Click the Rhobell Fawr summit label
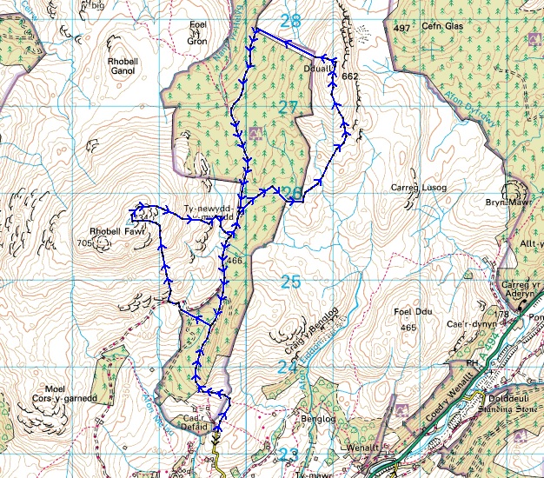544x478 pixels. (x=110, y=232)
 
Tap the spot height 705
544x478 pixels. (x=83, y=243)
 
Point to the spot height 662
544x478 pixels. (x=350, y=77)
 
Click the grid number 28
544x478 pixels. (x=291, y=20)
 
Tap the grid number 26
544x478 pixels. (x=292, y=193)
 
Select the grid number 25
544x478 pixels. (x=290, y=281)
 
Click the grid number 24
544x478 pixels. (x=288, y=368)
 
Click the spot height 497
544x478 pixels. (x=401, y=29)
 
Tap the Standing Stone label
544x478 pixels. (x=504, y=403)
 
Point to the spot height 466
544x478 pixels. (x=234, y=260)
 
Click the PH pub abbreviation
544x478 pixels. (x=471, y=364)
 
